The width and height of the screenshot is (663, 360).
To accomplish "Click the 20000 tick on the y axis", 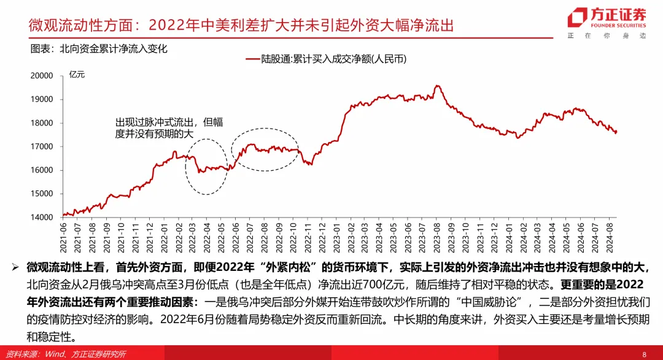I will pyautogui.click(x=42, y=76).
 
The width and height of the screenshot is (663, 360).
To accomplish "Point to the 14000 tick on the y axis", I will pyautogui.click(x=42, y=217).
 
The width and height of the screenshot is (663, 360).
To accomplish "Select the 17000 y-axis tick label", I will pyautogui.click(x=42, y=147).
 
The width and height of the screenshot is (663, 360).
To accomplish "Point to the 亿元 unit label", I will pyautogui.click(x=77, y=75).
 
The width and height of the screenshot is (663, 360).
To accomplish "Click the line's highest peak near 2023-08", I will pyautogui.click(x=437, y=86).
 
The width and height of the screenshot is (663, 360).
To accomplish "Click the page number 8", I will pyautogui.click(x=644, y=354).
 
